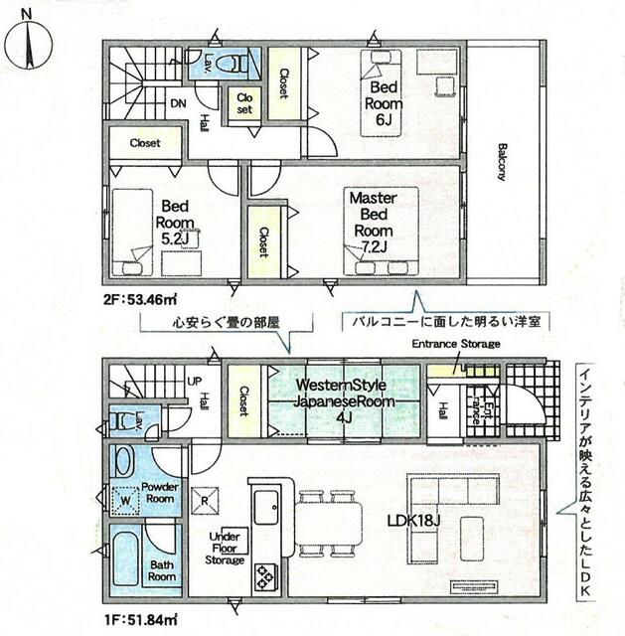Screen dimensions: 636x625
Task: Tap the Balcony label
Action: (501, 159)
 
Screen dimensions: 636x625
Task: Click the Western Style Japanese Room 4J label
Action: (342, 400)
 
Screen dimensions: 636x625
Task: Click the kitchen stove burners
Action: (266, 574)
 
